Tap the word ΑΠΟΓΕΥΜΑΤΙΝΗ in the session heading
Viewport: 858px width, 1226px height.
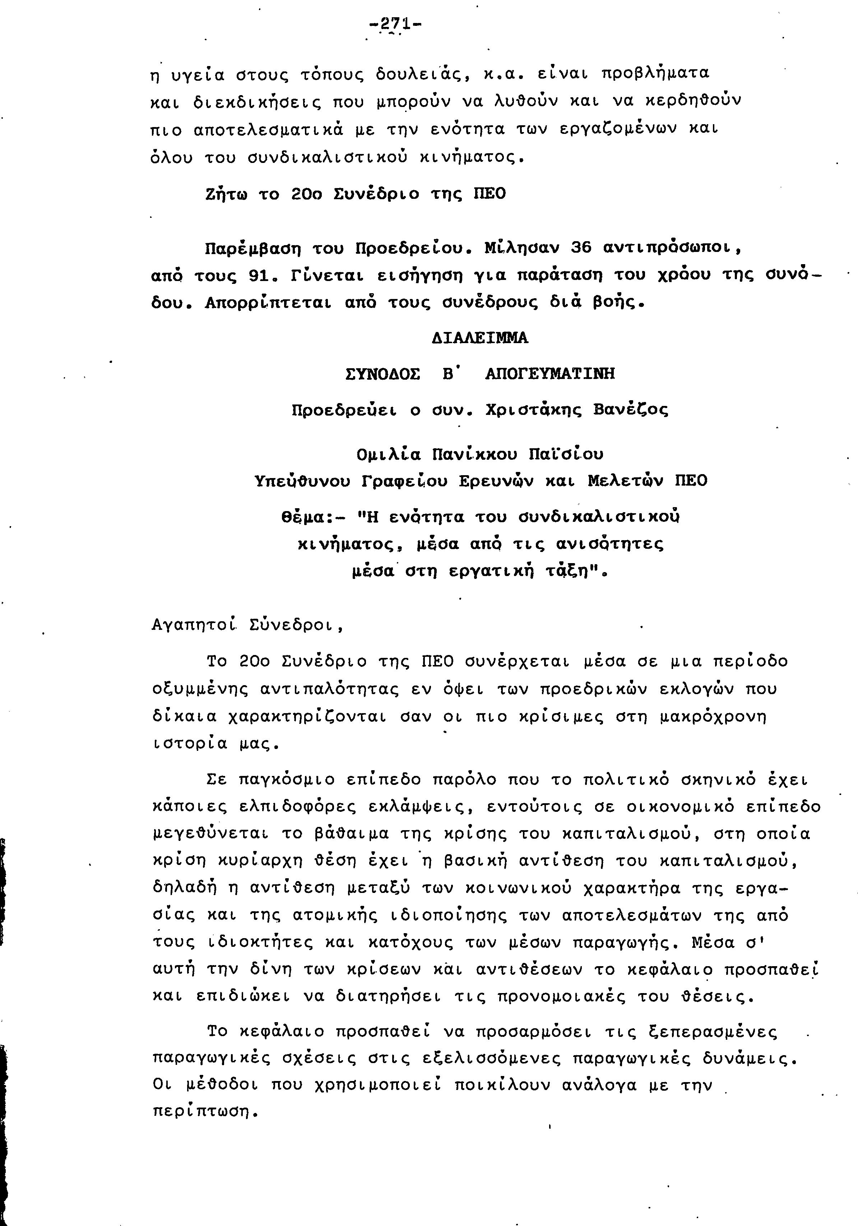point(550,373)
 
